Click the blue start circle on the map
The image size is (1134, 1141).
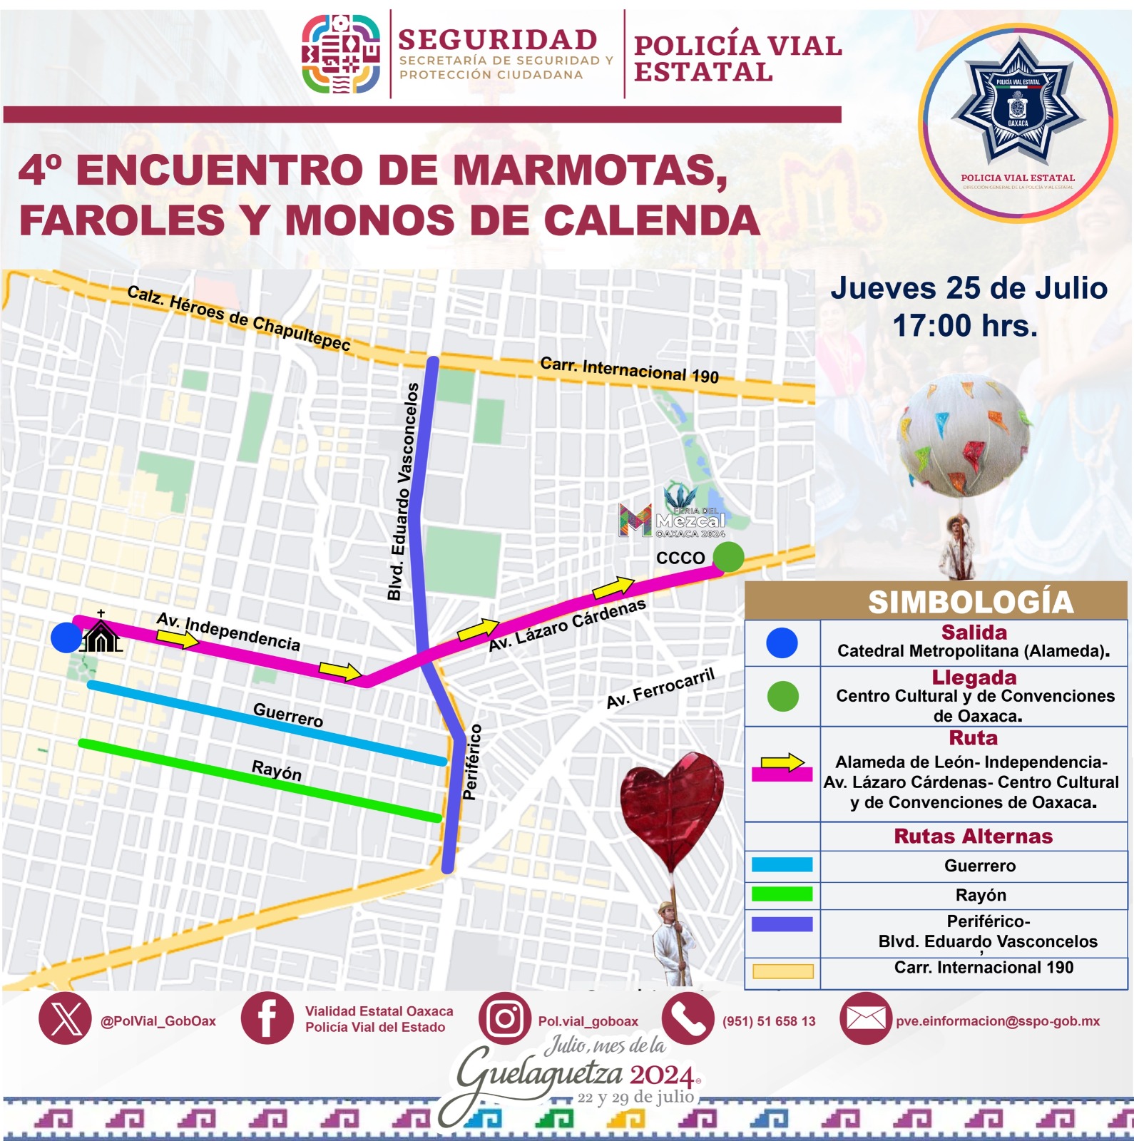66,637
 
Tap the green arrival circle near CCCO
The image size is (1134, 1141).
728,556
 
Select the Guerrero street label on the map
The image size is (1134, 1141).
288,715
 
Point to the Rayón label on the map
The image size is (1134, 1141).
277,771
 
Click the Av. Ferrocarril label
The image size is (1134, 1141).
660,689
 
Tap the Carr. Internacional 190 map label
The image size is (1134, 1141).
629,369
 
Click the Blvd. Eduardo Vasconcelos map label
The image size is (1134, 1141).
403,492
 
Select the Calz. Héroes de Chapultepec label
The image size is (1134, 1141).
239,318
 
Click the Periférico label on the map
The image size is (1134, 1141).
471,762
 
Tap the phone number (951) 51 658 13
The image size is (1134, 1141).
769,1021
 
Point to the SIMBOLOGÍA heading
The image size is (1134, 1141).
970,602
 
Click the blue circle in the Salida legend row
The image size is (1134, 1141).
782,643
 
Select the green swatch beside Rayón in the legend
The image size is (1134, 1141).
782,894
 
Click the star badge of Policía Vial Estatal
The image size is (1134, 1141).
1018,107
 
